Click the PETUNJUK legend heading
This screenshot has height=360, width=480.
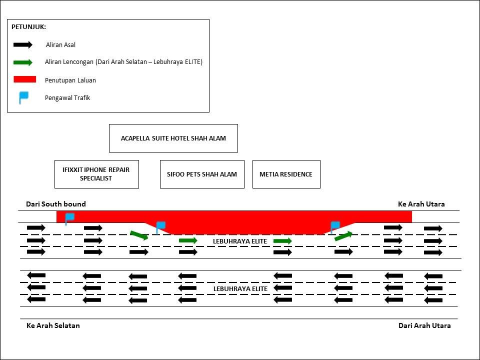[28, 27]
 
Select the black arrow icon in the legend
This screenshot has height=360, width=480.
[23, 45]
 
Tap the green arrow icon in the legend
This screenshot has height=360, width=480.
[23, 62]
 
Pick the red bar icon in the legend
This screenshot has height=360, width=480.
[25, 79]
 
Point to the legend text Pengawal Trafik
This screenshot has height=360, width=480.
[67, 98]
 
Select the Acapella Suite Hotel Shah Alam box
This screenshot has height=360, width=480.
[173, 138]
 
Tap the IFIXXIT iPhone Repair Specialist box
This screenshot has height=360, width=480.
[96, 174]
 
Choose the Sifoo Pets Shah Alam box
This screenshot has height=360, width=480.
[202, 174]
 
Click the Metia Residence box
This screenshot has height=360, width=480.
[286, 174]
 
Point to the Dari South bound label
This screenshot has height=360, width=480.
[56, 204]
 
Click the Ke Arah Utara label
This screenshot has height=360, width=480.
[421, 204]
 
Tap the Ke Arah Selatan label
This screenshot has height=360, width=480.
[53, 325]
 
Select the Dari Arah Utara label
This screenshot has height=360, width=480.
[424, 325]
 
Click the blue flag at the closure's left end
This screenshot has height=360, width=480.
[69, 218]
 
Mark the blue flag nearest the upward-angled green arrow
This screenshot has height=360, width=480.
[334, 226]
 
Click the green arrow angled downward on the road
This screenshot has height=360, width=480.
[139, 235]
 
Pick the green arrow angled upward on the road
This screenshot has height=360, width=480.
[343, 235]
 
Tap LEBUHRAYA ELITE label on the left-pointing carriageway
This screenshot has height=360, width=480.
[240, 289]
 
